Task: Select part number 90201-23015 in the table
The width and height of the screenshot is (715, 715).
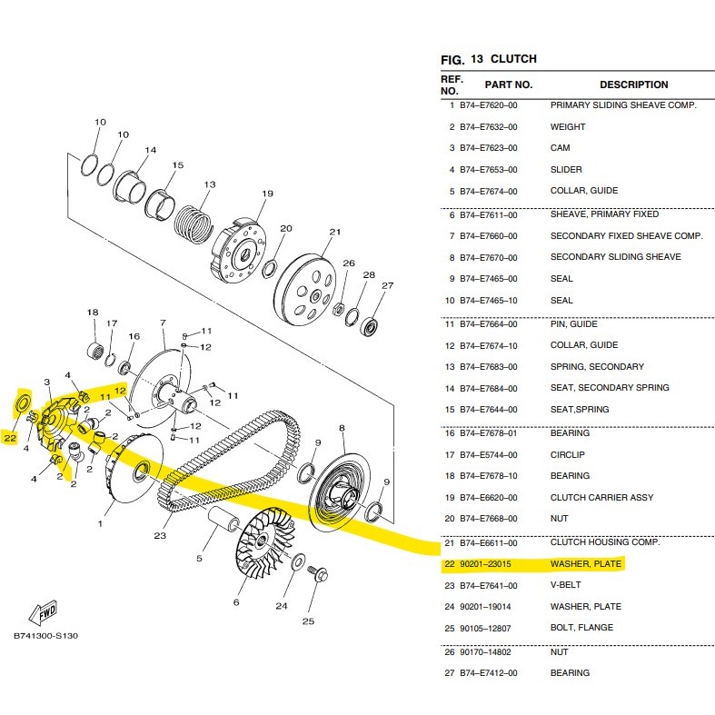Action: [485, 564]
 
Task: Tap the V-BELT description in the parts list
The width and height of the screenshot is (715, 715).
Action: [565, 585]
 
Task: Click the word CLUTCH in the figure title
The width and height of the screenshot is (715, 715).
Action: [513, 59]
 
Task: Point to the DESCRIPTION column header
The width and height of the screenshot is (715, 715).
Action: [634, 84]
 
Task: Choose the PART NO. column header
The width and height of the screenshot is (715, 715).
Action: [509, 84]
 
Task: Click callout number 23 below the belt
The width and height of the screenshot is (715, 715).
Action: [160, 535]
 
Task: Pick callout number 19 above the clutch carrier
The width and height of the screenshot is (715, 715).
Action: [267, 194]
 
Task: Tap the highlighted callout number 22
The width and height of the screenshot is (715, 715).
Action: [10, 438]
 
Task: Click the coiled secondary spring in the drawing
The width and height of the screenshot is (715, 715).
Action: [194, 223]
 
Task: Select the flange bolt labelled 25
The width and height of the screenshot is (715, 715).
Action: [315, 573]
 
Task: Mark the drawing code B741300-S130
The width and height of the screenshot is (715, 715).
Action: [45, 636]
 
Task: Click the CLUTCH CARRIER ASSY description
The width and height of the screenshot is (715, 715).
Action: [602, 498]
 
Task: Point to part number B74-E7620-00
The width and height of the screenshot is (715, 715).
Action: [489, 105]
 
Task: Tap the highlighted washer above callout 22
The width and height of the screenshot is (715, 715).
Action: [23, 403]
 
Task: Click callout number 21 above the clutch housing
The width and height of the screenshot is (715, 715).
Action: [334, 232]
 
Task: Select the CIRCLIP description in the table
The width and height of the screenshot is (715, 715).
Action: [567, 455]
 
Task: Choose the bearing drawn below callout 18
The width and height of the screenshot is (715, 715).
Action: [95, 350]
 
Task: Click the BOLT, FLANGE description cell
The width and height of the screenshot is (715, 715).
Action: [581, 628]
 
